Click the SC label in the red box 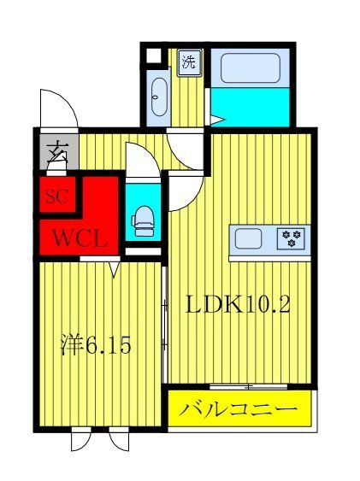click(x=56, y=195)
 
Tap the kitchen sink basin click(x=250, y=238)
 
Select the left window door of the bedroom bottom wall click(x=81, y=439)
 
